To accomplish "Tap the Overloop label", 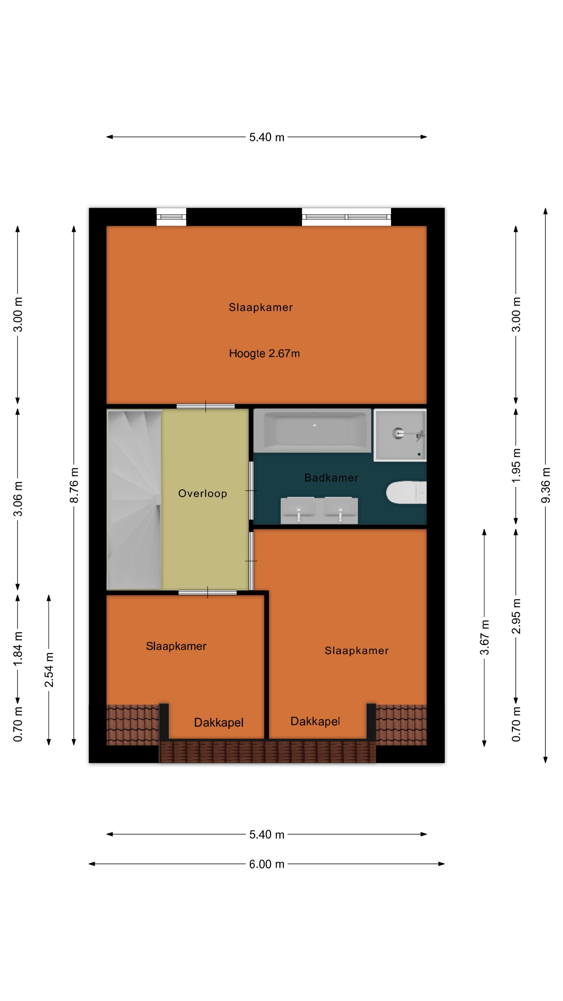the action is [x=203, y=493].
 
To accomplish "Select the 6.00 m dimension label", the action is [x=267, y=864].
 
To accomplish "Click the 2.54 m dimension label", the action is [x=49, y=669].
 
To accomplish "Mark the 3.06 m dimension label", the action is [x=17, y=499].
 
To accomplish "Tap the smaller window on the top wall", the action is [x=171, y=217].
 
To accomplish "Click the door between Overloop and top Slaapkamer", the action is [x=206, y=406].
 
